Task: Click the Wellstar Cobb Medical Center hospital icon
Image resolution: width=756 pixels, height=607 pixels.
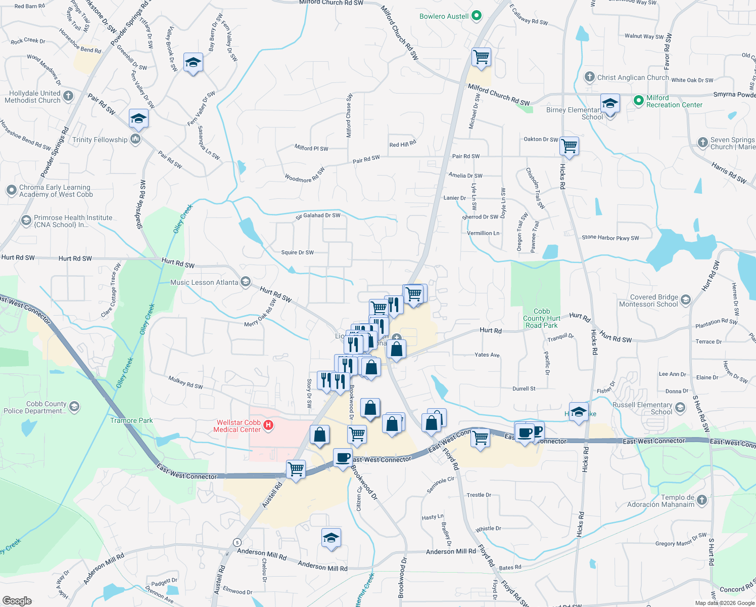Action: click(268, 426)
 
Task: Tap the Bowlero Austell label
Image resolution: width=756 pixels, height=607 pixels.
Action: click(444, 16)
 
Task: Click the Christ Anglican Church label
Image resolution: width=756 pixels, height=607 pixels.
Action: click(633, 77)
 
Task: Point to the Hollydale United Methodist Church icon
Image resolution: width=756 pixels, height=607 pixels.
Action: click(68, 96)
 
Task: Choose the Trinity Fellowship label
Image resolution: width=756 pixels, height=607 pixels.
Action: click(100, 140)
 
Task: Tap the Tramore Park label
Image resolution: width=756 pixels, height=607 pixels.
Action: click(131, 420)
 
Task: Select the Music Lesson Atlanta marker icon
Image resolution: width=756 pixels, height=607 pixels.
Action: click(246, 282)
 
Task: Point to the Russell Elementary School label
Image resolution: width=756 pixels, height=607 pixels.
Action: click(642, 408)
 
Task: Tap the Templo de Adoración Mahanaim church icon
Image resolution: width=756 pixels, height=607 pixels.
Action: click(701, 501)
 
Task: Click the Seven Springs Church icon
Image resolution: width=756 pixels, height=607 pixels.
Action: click(702, 143)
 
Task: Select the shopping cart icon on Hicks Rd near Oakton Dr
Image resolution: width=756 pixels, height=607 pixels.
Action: click(570, 146)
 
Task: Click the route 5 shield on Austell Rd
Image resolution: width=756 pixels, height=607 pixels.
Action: click(237, 542)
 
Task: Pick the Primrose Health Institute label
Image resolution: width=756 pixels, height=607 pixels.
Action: click(73, 221)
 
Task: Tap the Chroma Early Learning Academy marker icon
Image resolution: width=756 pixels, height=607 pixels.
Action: click(11, 190)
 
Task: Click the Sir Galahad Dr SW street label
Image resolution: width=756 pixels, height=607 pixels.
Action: click(318, 215)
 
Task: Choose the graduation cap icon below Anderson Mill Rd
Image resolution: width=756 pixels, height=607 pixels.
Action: click(331, 538)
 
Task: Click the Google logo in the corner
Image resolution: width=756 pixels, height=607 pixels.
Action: click(17, 600)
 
